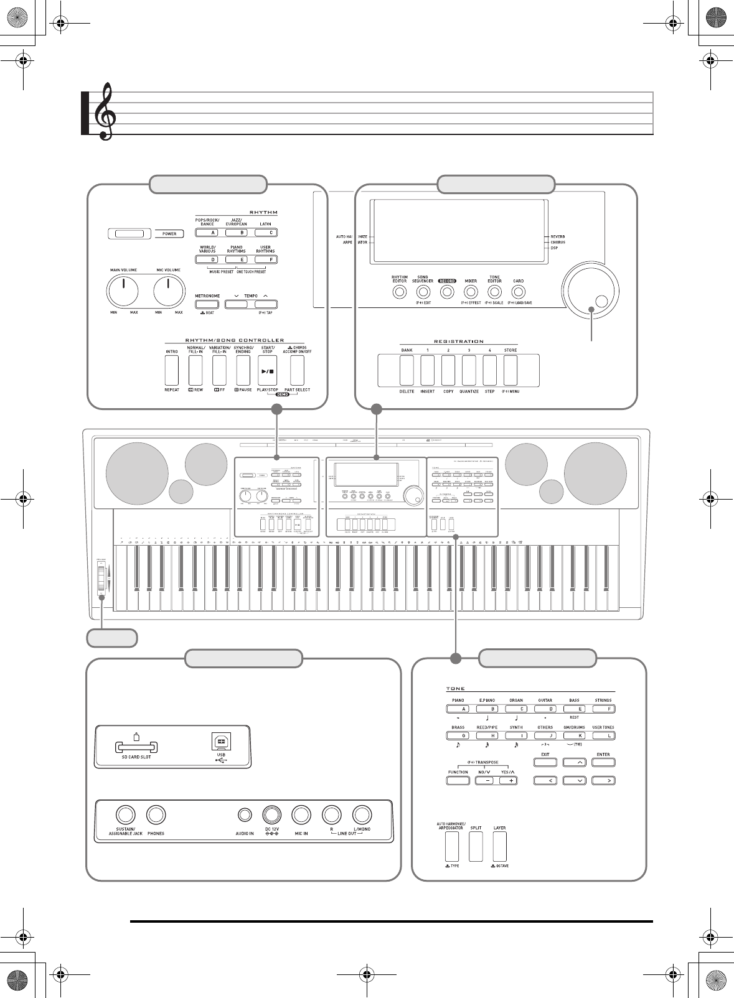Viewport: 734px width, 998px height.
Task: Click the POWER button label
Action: coord(169,234)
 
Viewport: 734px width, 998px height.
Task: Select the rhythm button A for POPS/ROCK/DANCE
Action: coord(207,233)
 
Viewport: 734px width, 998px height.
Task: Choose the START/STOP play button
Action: coord(268,371)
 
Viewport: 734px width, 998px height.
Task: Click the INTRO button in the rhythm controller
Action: coord(172,371)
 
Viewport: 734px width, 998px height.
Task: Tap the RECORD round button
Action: coord(446,291)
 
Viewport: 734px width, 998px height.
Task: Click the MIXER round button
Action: coord(471,291)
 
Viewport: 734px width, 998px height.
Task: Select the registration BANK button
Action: coord(407,371)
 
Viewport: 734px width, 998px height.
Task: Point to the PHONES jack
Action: coord(156,815)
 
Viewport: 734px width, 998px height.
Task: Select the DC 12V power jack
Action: coord(271,815)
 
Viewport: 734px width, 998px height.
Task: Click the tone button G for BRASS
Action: coord(458,735)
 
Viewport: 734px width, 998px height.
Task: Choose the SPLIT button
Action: coord(476,846)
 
